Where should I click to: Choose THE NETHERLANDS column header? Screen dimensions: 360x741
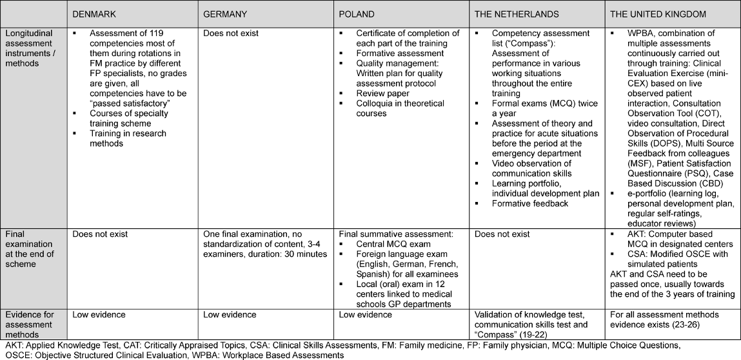point(517,14)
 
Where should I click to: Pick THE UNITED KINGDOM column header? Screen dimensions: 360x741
point(655,14)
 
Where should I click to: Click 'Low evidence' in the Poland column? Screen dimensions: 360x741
point(365,315)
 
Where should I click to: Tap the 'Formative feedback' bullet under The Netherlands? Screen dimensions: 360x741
point(530,204)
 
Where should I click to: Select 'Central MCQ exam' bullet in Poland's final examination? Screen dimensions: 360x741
point(393,245)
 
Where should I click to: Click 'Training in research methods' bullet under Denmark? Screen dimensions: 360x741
point(128,139)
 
